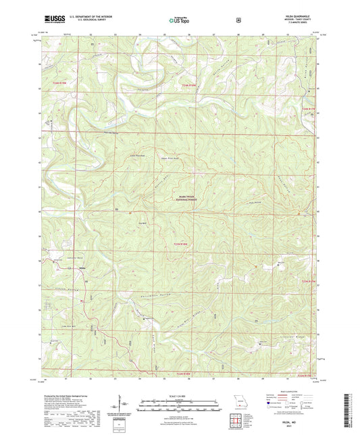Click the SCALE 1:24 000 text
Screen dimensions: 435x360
pyautogui.click(x=180, y=396)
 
